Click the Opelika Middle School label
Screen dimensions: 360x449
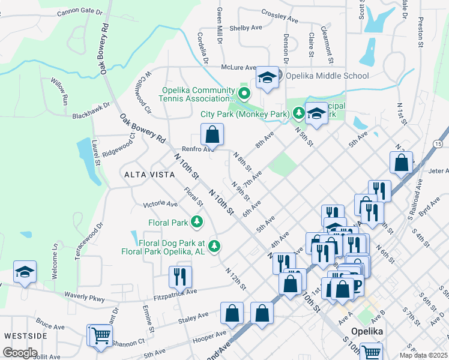point(327,76)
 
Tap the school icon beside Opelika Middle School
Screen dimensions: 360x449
point(267,77)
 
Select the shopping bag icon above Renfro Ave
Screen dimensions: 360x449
point(212,134)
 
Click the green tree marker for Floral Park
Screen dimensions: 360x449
point(197,223)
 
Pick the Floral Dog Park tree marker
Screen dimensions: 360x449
point(214,245)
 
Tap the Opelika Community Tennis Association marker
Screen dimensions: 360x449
point(244,94)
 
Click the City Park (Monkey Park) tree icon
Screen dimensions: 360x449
point(298,113)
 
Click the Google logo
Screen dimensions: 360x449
point(20,353)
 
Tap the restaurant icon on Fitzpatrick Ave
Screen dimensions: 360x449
point(180,277)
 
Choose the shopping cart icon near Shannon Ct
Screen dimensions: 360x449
point(101,335)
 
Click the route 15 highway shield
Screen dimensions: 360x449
point(438,145)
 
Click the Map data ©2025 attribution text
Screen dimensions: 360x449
point(423,355)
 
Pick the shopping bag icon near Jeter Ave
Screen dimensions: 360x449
point(401,162)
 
